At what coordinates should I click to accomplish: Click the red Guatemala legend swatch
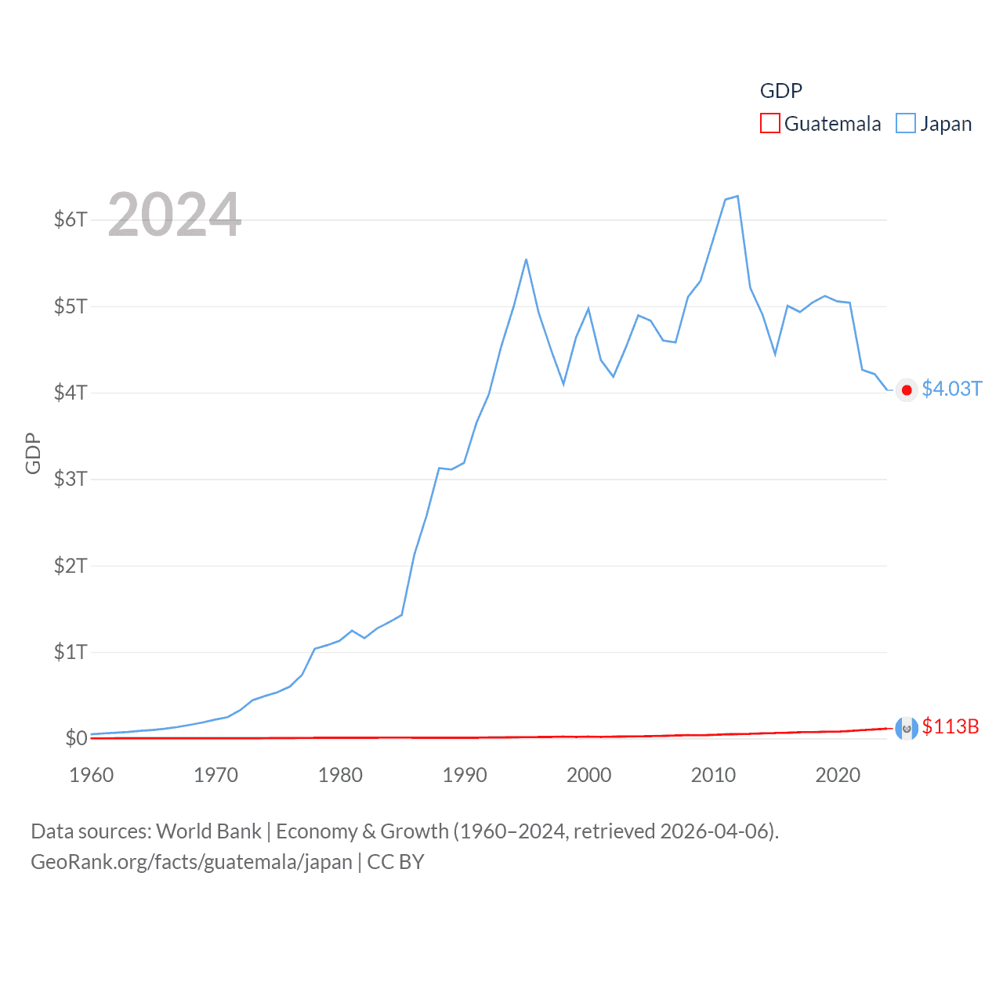point(769,124)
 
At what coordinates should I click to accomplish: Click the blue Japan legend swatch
point(905,124)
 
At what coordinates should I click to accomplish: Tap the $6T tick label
point(71,219)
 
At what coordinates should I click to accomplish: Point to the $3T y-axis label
point(71,479)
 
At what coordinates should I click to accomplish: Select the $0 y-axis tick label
point(76,738)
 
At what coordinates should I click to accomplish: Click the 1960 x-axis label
point(92,775)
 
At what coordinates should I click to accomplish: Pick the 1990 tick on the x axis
point(465,775)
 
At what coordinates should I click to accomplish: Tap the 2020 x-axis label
point(838,775)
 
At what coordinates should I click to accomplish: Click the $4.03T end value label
point(951,389)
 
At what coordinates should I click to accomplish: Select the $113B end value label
point(950,726)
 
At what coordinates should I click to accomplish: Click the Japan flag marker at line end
point(907,390)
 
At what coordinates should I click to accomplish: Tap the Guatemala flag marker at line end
point(907,729)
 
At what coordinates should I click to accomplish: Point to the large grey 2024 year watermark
point(175,215)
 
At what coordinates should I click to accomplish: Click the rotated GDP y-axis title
point(33,453)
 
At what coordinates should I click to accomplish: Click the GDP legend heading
point(781,91)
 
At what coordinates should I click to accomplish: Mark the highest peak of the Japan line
point(737,196)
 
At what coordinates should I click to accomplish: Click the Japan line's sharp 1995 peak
point(526,259)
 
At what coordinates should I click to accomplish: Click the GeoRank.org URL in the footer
point(191,862)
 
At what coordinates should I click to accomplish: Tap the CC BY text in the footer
point(396,862)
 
